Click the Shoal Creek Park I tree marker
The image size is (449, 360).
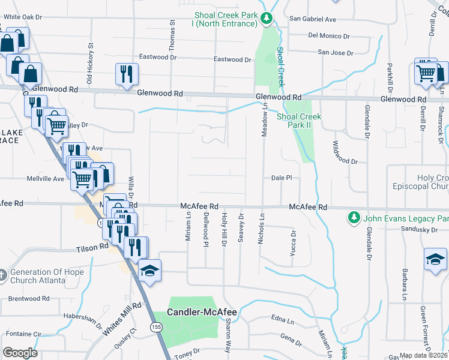pos(267,19)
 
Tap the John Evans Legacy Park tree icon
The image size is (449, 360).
pos(354,217)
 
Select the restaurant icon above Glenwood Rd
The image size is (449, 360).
pos(127,74)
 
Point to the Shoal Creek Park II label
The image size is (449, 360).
pos(299,121)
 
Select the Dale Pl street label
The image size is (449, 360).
pos(281,178)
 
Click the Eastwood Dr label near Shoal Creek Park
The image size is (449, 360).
pos(233,59)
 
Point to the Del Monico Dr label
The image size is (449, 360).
pos(329,36)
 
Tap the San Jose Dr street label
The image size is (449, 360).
pos(335,53)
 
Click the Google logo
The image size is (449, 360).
pos(20,353)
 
